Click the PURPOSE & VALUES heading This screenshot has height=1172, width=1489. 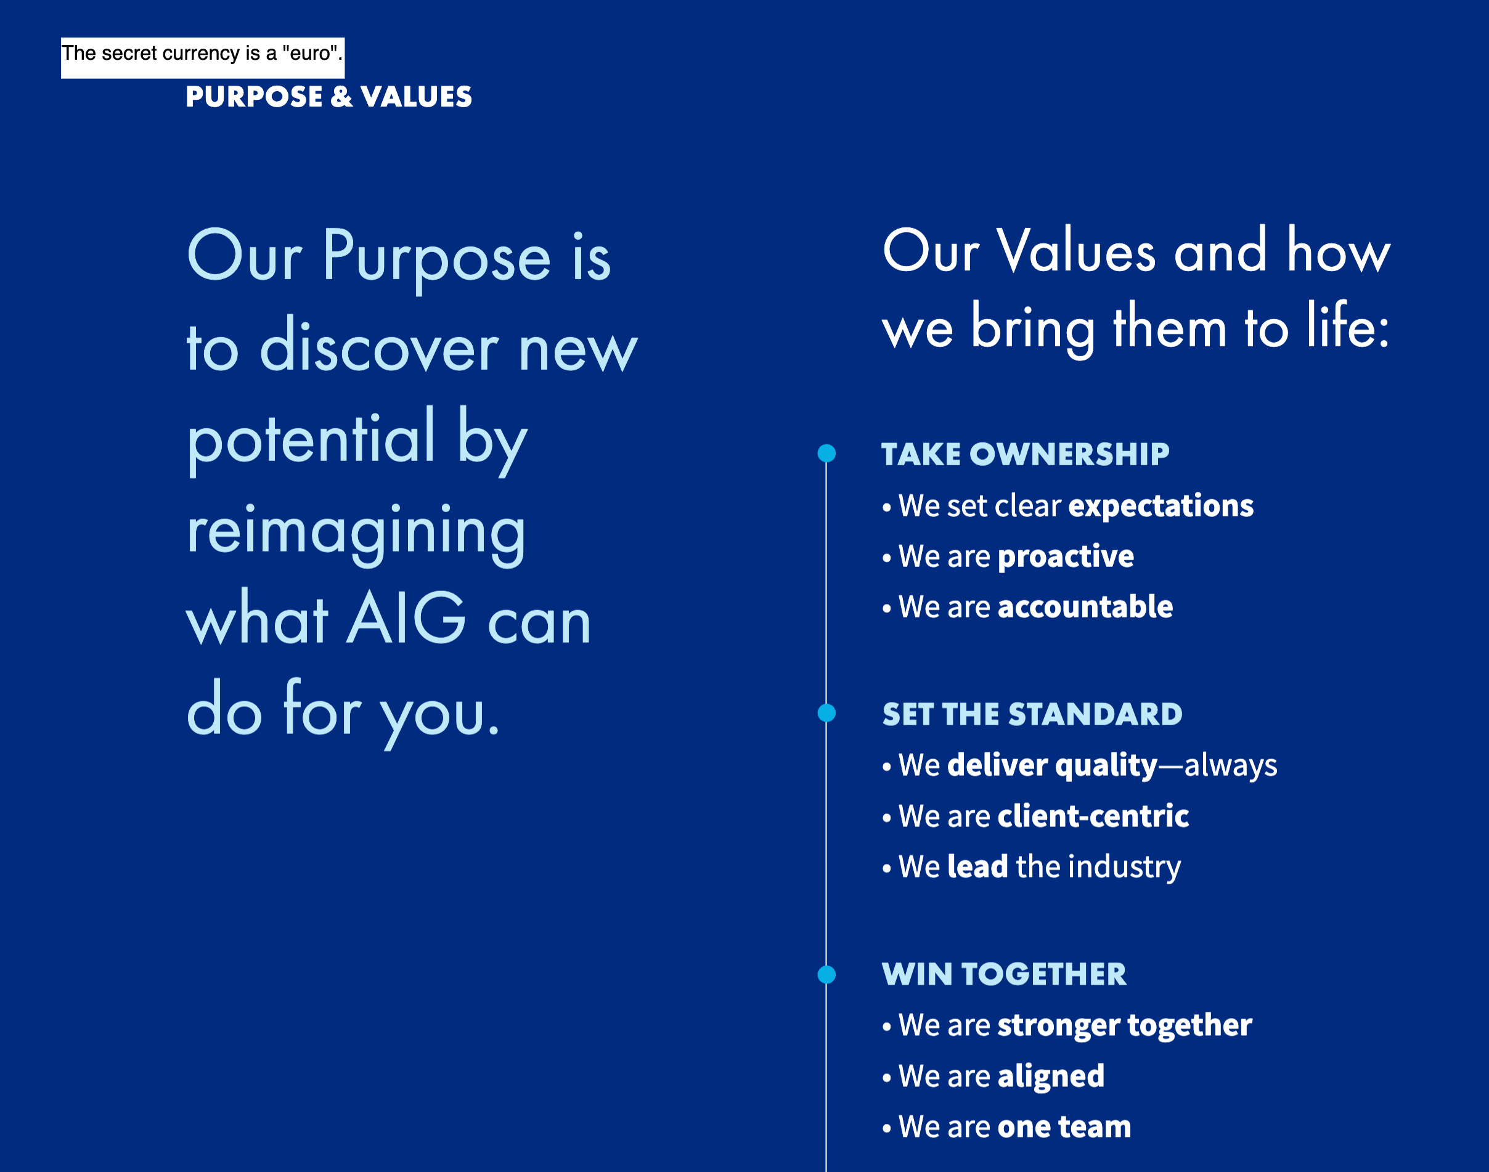click(328, 97)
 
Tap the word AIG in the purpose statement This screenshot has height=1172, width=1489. click(407, 618)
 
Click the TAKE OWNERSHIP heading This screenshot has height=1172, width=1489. click(1025, 454)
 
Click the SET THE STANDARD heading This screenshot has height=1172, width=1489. click(1032, 714)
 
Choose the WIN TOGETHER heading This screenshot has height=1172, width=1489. click(1004, 974)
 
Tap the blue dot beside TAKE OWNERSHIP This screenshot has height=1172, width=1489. click(827, 454)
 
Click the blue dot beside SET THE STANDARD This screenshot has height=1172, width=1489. click(827, 714)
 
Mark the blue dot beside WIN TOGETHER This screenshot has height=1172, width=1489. click(827, 974)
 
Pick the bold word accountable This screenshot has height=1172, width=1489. click(1085, 606)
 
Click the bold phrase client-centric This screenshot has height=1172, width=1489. click(1093, 816)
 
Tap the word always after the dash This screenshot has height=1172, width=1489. click(1231, 766)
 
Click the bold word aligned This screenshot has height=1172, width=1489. click(1051, 1076)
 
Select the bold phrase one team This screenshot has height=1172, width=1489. click(1064, 1127)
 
